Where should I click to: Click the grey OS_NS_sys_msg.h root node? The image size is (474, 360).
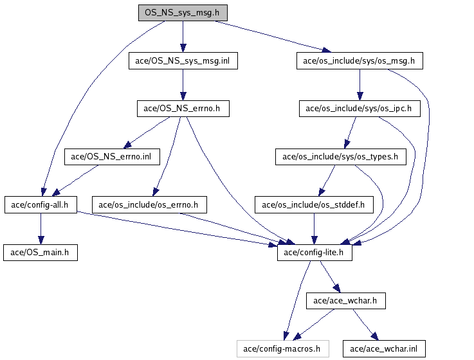tap(183, 13)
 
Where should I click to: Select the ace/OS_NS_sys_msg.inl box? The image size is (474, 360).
tap(183, 61)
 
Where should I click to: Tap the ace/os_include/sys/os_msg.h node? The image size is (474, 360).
tap(360, 61)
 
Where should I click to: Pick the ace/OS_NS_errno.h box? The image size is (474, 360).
tap(183, 109)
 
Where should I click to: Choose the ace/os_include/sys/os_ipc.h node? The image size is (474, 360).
tap(360, 109)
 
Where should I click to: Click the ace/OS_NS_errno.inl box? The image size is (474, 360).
tap(112, 157)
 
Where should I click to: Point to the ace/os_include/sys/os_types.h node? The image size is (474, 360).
tap(341, 157)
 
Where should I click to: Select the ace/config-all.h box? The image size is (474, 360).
tap(41, 204)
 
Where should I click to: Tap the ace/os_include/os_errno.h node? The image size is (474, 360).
tap(149, 204)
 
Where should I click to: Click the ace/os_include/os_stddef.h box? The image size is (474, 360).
tap(314, 204)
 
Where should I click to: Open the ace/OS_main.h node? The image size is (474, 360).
tap(41, 253)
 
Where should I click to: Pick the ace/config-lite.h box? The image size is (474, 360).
tap(314, 253)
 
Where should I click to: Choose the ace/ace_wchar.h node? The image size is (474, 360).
tap(346, 301)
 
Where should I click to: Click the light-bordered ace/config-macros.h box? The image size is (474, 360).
tap(283, 349)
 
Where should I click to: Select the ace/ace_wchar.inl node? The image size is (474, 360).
tap(384, 349)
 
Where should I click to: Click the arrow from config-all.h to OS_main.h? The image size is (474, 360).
tap(41, 229)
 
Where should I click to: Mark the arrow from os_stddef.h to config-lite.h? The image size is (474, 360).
tap(314, 229)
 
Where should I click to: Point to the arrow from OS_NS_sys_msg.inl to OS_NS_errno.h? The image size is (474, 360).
tap(183, 85)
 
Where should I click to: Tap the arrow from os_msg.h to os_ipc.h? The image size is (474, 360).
tap(360, 85)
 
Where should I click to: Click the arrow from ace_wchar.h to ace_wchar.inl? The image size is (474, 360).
tap(366, 325)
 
